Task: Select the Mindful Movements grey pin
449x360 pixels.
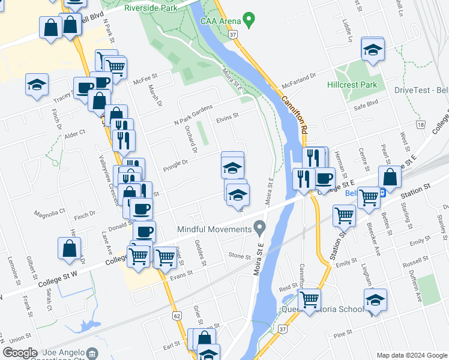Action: click(259, 228)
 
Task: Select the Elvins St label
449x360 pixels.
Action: click(228, 116)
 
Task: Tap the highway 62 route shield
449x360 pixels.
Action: click(176, 315)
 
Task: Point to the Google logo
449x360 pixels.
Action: click(20, 353)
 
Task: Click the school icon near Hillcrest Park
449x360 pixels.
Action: click(372, 50)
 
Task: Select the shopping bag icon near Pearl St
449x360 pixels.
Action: click(390, 178)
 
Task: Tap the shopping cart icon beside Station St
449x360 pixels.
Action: click(344, 216)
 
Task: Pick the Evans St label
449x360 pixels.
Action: click(181, 273)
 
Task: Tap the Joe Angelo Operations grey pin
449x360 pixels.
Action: click(92, 353)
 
